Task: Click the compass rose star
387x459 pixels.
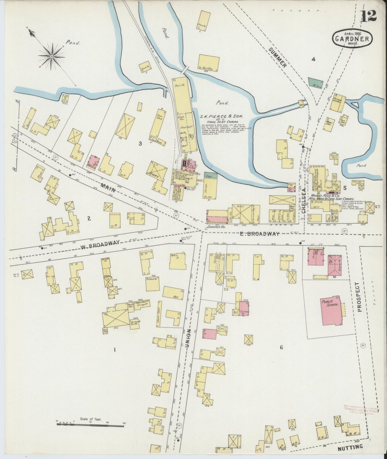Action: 51,57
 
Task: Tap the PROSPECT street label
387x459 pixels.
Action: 359,297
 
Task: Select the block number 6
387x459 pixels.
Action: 281,347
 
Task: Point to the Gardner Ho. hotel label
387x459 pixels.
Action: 216,227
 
